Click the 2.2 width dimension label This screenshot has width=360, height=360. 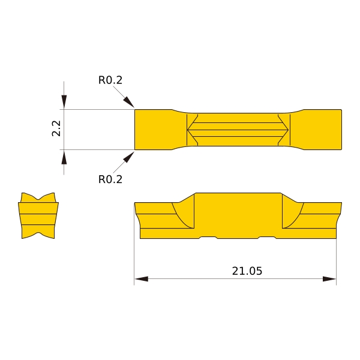(56, 128)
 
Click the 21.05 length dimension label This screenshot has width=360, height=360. (247, 271)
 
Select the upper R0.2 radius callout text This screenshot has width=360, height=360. (110, 80)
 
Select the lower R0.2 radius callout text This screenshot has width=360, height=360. (110, 179)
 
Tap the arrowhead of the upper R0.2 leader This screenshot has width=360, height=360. (129, 102)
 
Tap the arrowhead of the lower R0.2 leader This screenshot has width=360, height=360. (129, 157)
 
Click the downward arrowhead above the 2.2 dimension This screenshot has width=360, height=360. (64, 102)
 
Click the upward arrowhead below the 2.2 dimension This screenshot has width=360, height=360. (64, 157)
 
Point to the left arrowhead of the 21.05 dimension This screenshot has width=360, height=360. (142, 279)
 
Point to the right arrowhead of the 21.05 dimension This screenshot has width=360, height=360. (329, 279)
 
